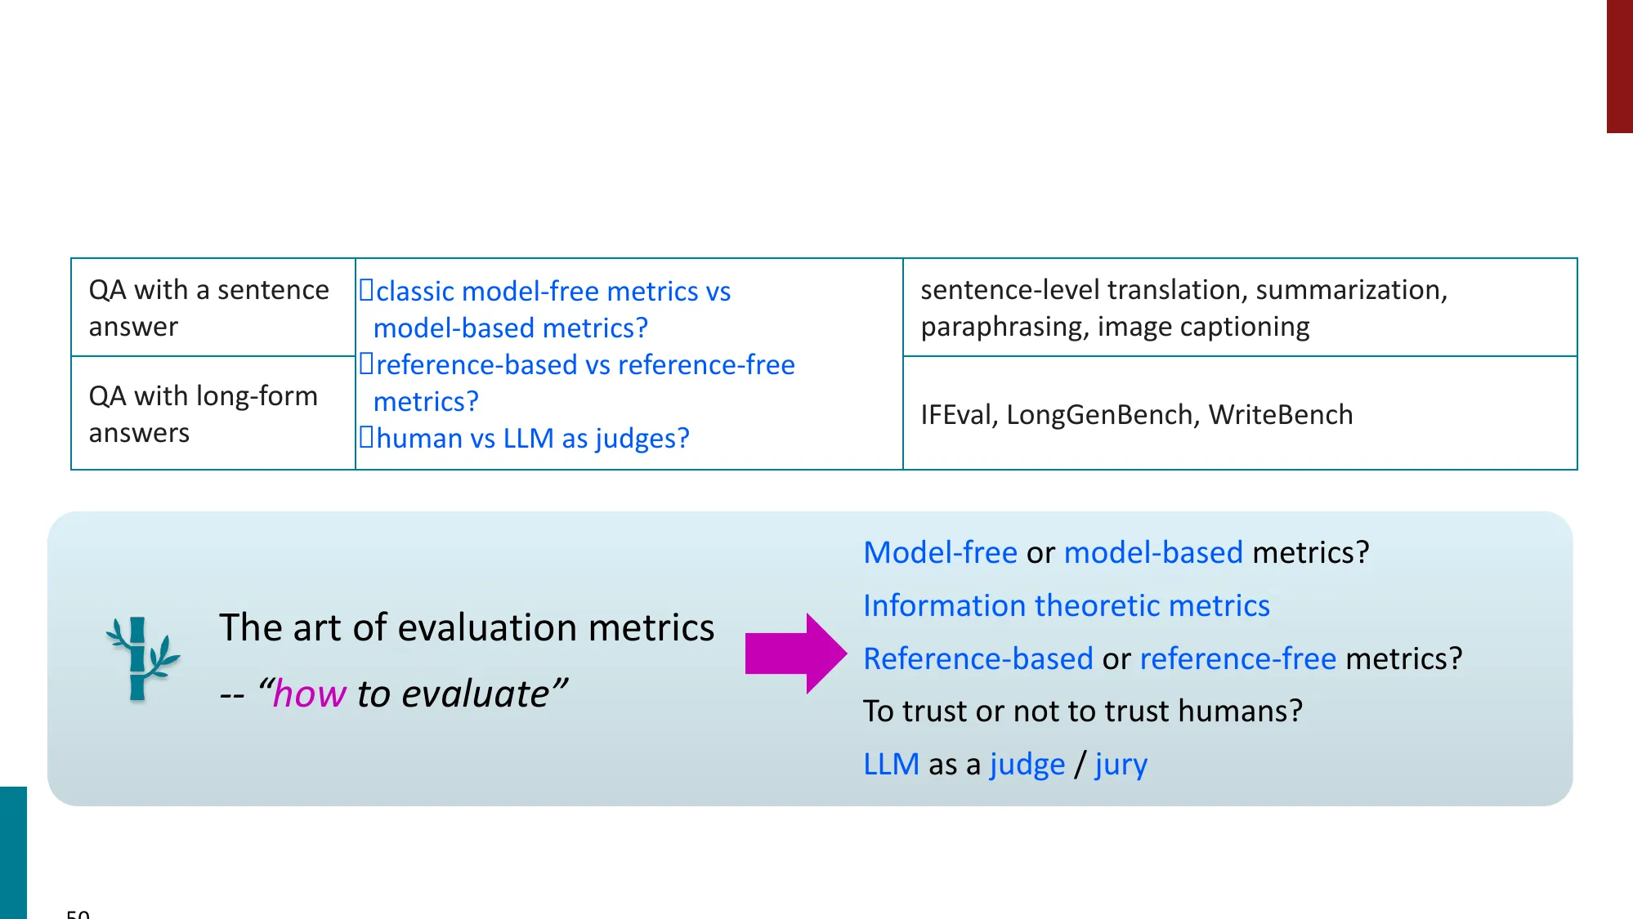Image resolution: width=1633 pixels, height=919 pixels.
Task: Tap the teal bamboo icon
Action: click(x=141, y=658)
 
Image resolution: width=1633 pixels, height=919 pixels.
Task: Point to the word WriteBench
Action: click(x=1280, y=415)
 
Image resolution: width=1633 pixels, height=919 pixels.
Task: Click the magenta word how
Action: click(x=309, y=694)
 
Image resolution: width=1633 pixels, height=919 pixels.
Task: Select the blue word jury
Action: click(x=1121, y=765)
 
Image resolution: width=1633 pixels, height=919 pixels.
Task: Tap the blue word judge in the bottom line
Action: click(x=1027, y=765)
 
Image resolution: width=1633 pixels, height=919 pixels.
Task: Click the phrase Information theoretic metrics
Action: click(x=1066, y=606)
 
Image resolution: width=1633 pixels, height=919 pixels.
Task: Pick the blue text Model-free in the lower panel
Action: click(x=940, y=553)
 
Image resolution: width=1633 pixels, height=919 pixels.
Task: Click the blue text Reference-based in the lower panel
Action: click(x=978, y=658)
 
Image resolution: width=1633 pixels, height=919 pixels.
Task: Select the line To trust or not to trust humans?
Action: click(x=1082, y=712)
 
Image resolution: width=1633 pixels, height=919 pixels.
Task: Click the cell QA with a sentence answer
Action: click(x=209, y=308)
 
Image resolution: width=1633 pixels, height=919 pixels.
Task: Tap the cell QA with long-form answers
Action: click(x=204, y=414)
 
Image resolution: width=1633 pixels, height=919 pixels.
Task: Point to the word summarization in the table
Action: click(x=1350, y=290)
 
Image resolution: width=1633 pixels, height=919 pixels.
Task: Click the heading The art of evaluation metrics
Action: click(x=467, y=628)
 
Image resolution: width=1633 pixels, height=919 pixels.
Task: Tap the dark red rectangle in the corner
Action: click(x=1619, y=65)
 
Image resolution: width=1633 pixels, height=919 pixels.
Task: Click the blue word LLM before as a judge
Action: click(x=891, y=765)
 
